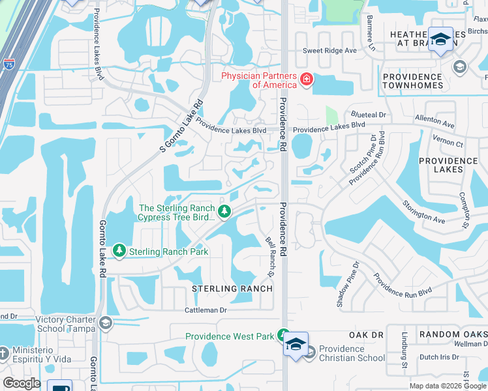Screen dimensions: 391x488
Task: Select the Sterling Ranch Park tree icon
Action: [119, 250]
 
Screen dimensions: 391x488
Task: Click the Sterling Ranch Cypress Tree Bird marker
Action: [224, 211]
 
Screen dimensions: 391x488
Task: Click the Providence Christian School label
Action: [352, 353]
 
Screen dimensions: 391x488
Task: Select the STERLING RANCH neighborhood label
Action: [232, 288]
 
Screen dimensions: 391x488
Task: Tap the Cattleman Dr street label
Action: [206, 310]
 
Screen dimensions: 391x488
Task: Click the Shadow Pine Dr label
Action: [348, 284]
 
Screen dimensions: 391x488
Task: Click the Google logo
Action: [22, 383]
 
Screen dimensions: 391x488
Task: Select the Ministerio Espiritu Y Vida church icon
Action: [4, 353]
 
